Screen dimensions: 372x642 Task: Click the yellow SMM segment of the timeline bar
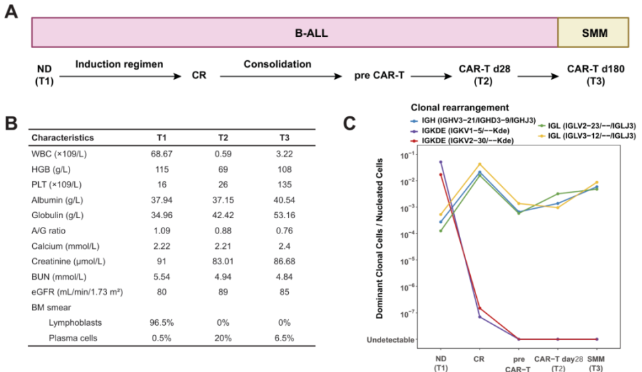[593, 31]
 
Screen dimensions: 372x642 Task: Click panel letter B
[11, 124]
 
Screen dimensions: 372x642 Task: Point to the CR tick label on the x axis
[479, 357]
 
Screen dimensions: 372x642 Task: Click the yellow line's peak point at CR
[479, 165]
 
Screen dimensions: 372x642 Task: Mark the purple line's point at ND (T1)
[440, 162]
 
